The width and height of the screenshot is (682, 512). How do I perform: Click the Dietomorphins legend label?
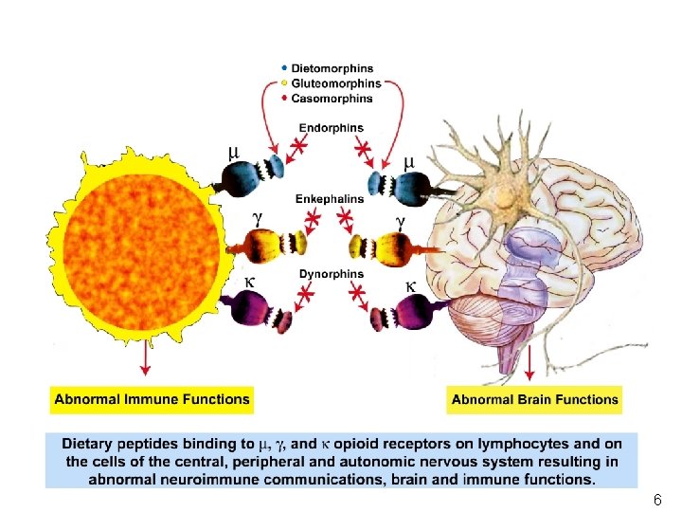click(332, 68)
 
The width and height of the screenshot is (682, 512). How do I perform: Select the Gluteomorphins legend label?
click(336, 83)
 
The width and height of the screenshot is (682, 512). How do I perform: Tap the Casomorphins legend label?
click(332, 98)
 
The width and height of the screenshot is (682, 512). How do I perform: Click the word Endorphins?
click(331, 129)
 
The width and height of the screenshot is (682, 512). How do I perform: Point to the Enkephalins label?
click(330, 199)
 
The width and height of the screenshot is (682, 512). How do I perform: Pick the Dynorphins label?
click(331, 275)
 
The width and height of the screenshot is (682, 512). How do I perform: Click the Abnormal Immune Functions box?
click(152, 399)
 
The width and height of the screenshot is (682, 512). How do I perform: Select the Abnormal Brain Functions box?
click(535, 399)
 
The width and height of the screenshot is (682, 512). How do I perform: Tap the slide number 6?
click(657, 500)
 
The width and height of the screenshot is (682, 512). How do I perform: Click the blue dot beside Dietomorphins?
click(285, 68)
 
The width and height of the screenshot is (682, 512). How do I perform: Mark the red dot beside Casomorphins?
click(285, 98)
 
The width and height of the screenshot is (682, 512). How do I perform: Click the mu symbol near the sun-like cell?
click(234, 152)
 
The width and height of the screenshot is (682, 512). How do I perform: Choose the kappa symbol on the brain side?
click(411, 285)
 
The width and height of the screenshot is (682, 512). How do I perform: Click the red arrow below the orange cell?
click(146, 358)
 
